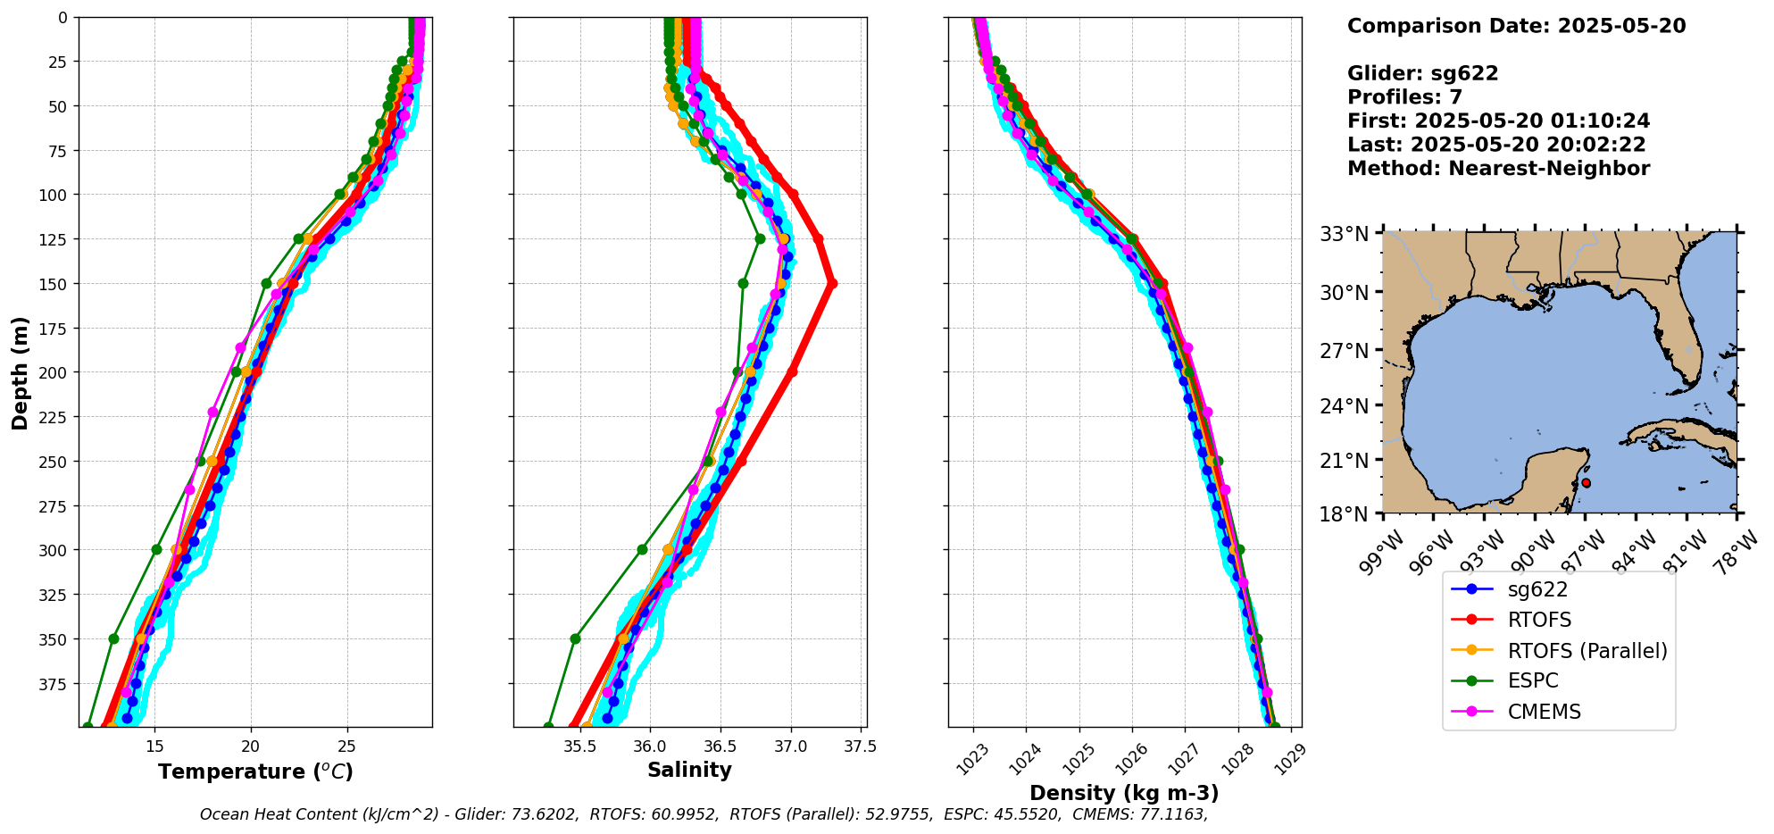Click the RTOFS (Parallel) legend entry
pyautogui.click(x=1587, y=651)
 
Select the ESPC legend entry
pyautogui.click(x=1532, y=681)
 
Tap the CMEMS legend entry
pyautogui.click(x=1544, y=712)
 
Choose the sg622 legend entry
pyautogui.click(x=1537, y=589)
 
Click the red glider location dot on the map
pyautogui.click(x=1586, y=483)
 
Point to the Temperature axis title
pyautogui.click(x=255, y=771)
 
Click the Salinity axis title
pyautogui.click(x=689, y=770)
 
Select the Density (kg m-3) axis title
pyautogui.click(x=1124, y=793)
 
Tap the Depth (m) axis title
pyautogui.click(x=20, y=372)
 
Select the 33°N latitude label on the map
pyautogui.click(x=1345, y=234)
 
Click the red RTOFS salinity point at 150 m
pyautogui.click(x=831, y=284)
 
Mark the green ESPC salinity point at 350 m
pyautogui.click(x=575, y=638)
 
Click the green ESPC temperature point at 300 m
pyautogui.click(x=157, y=549)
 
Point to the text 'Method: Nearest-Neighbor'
pyautogui.click(x=1498, y=169)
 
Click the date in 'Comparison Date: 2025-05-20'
pyautogui.click(x=1621, y=26)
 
